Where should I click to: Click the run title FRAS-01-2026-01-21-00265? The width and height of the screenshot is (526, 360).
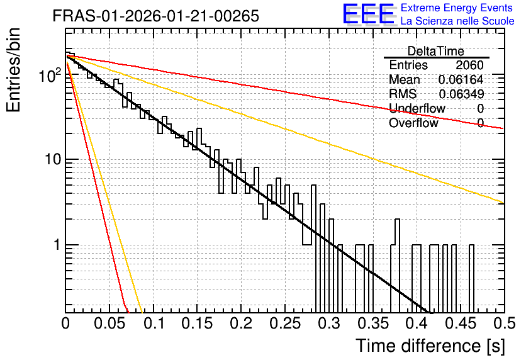click(x=156, y=16)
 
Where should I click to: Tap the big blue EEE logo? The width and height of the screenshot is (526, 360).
click(x=369, y=14)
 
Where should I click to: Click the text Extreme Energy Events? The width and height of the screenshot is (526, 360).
click(x=457, y=8)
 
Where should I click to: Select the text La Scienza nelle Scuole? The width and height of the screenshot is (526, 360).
click(x=457, y=21)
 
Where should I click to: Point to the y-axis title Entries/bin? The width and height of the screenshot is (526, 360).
click(x=13, y=70)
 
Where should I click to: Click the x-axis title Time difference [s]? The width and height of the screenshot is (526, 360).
click(x=430, y=346)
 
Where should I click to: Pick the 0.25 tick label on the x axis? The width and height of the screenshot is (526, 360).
click(x=285, y=323)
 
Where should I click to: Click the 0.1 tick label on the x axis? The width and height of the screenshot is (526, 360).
click(x=155, y=323)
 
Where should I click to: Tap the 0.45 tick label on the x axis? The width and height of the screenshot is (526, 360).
click(x=461, y=323)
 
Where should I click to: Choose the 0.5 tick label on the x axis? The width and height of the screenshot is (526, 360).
click(x=504, y=323)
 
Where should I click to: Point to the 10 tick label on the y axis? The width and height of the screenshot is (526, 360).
click(x=53, y=159)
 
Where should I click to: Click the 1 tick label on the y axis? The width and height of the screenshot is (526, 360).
click(x=57, y=245)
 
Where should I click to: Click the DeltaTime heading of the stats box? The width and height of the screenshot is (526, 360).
click(x=436, y=52)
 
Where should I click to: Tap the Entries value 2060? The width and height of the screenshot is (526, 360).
click(x=469, y=65)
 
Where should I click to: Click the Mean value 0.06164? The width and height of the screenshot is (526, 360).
click(x=461, y=79)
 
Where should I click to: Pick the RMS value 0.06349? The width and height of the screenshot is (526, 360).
click(x=461, y=94)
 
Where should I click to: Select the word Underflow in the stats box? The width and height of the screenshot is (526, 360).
click(x=417, y=108)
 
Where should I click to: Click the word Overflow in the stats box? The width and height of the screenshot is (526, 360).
click(x=413, y=123)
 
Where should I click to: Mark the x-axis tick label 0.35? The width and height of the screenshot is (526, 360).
click(x=373, y=323)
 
